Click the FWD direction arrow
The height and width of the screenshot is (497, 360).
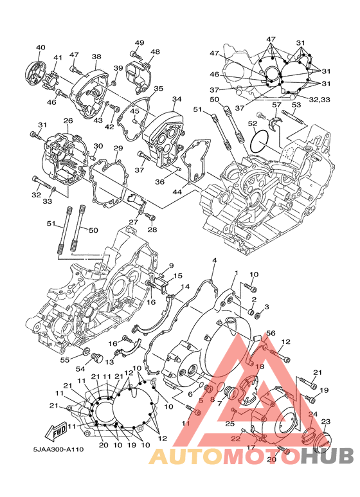click(x=57, y=431)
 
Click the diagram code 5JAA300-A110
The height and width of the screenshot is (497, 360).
click(x=59, y=449)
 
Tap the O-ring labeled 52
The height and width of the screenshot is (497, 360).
click(x=260, y=141)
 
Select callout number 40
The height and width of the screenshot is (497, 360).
click(x=40, y=48)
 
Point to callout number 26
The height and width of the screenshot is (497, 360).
click(x=68, y=120)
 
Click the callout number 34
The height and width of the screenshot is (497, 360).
click(x=177, y=99)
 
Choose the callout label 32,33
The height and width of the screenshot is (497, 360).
click(x=319, y=100)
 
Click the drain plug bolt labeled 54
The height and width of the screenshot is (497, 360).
click(x=96, y=359)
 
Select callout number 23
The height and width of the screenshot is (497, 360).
click(x=325, y=422)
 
